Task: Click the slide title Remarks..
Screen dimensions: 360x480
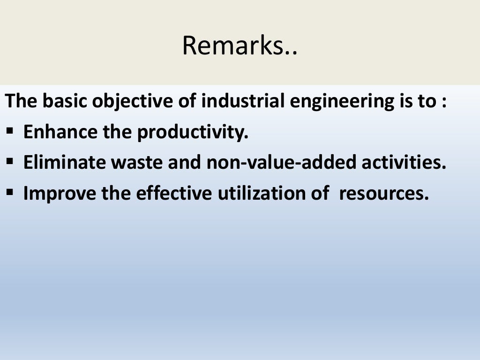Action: (x=240, y=45)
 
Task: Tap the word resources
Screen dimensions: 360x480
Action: (x=384, y=193)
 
